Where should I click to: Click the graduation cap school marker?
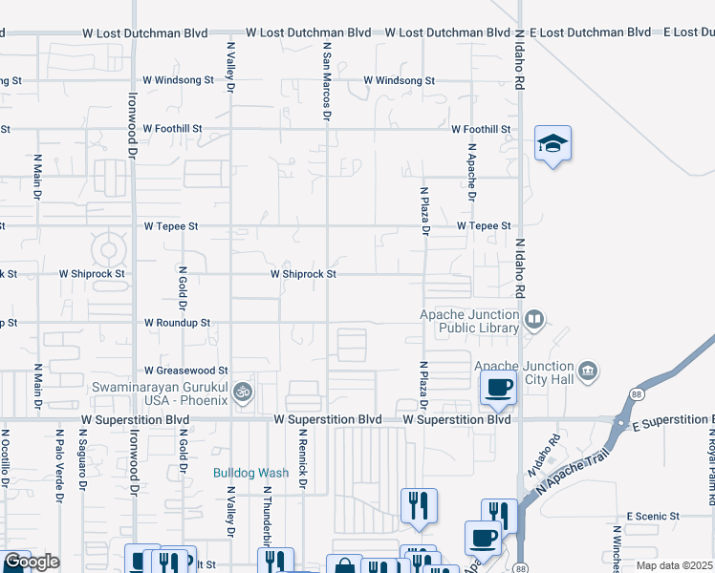point(552,144)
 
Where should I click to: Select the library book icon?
point(535,320)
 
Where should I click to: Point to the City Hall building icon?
point(588,370)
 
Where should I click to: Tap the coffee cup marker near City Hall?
point(497,388)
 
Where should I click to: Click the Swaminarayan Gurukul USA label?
point(159,393)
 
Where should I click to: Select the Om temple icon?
point(244,392)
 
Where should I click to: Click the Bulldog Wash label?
point(250,473)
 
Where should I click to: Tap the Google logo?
point(32,562)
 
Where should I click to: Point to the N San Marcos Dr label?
point(327,80)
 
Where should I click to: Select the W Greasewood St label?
point(186,370)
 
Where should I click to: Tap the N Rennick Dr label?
point(301,462)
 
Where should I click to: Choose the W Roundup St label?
point(177,323)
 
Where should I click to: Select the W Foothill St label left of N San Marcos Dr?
point(176,128)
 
